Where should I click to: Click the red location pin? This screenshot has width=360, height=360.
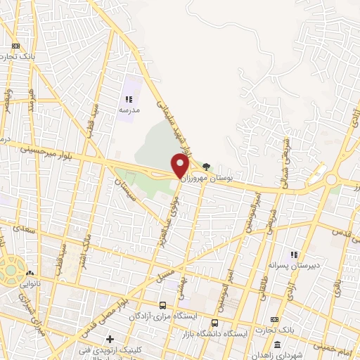(180, 166)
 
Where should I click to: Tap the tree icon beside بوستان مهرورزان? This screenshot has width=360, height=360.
(206, 167)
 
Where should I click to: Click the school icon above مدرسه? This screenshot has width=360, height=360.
(129, 100)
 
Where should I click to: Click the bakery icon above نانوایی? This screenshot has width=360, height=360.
(29, 272)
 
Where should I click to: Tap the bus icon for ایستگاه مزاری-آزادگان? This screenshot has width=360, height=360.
(163, 306)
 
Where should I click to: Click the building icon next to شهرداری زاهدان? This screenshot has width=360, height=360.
(276, 345)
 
